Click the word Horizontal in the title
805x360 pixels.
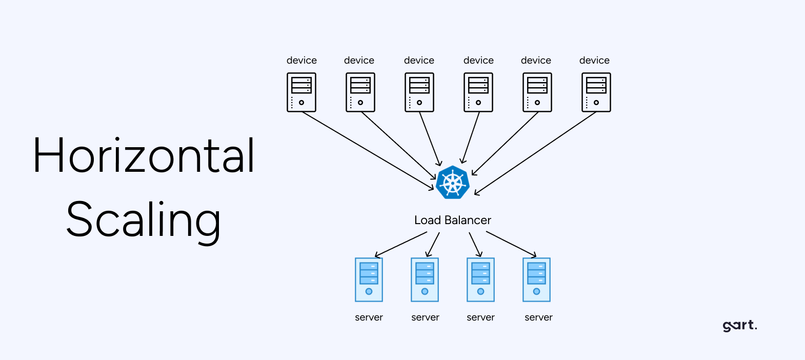click(x=144, y=155)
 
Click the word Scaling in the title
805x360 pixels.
click(x=144, y=219)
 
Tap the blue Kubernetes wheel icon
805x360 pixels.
click(x=453, y=182)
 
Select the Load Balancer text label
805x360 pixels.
click(x=452, y=221)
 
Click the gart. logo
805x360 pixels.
click(x=739, y=325)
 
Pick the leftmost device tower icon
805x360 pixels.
click(x=301, y=92)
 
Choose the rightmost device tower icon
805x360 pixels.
click(x=596, y=92)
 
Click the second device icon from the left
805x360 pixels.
click(x=360, y=92)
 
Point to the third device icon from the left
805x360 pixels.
click(x=419, y=92)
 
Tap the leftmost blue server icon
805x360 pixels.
click(x=369, y=279)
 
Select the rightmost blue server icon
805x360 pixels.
click(x=536, y=279)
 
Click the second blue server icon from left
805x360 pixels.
click(x=425, y=279)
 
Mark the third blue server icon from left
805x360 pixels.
click(x=480, y=279)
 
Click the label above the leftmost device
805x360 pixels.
click(x=301, y=61)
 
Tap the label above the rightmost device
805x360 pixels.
click(x=594, y=61)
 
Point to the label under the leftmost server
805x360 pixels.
click(x=369, y=317)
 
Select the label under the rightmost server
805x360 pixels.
click(x=538, y=317)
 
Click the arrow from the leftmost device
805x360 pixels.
click(x=368, y=151)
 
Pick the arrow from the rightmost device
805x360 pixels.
click(x=536, y=153)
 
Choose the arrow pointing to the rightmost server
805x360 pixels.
click(x=511, y=244)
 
